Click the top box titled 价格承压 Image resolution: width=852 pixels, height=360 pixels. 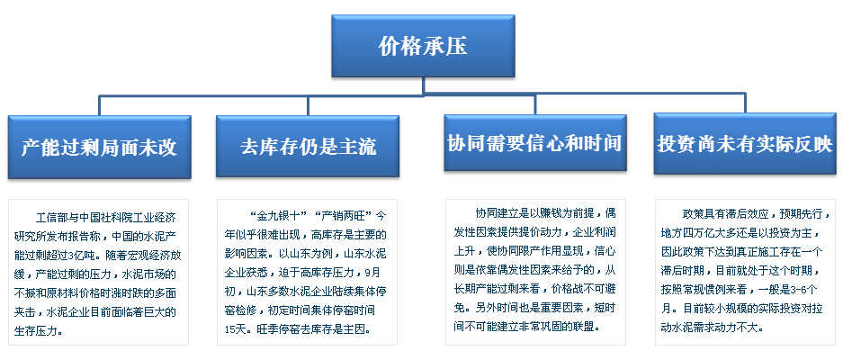(423, 46)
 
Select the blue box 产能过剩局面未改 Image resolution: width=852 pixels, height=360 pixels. (100, 147)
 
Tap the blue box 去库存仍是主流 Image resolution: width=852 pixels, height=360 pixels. (308, 147)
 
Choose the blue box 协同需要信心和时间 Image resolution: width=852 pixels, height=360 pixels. (535, 143)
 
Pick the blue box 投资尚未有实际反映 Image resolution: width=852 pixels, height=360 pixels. (745, 144)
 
